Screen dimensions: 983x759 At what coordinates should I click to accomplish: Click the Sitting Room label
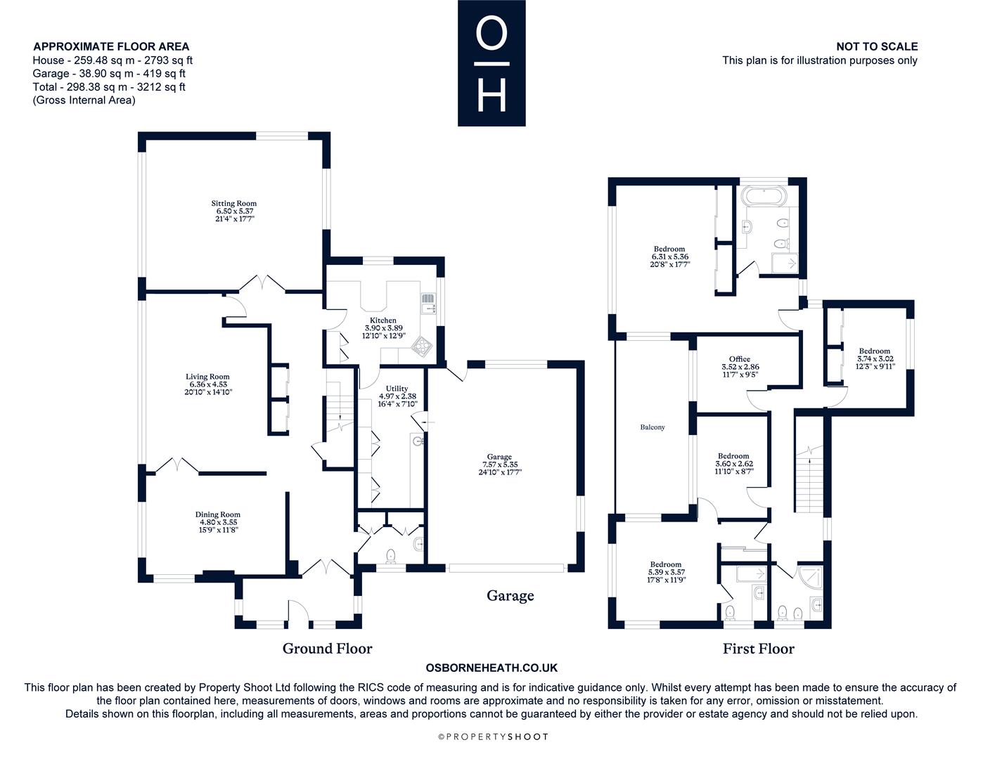[234, 203]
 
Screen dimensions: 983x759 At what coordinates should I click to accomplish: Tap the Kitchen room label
[383, 320]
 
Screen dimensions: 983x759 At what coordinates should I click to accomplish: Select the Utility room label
[397, 389]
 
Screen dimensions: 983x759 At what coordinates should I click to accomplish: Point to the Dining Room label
[217, 514]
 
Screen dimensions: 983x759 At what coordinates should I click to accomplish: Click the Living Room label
[207, 377]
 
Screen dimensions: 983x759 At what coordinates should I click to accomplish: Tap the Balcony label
[653, 427]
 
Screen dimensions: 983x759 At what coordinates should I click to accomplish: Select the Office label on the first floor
[740, 359]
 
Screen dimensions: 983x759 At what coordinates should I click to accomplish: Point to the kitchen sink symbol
[428, 304]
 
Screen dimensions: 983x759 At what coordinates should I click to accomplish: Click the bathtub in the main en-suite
[764, 196]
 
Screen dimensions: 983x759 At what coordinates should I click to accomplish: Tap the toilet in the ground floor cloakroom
[391, 556]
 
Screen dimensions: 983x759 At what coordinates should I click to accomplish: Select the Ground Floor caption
[327, 649]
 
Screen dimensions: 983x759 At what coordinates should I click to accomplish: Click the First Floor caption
[758, 649]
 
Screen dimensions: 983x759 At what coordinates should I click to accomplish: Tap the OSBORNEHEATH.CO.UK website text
[491, 668]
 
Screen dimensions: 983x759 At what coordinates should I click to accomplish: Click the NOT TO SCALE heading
[877, 46]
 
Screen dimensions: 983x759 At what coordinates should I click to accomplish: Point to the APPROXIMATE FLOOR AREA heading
[111, 46]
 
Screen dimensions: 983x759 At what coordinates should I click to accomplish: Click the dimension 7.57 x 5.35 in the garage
[500, 465]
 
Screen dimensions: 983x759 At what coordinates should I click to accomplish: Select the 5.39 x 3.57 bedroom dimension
[667, 572]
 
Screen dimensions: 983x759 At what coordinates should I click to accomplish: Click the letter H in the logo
[491, 96]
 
